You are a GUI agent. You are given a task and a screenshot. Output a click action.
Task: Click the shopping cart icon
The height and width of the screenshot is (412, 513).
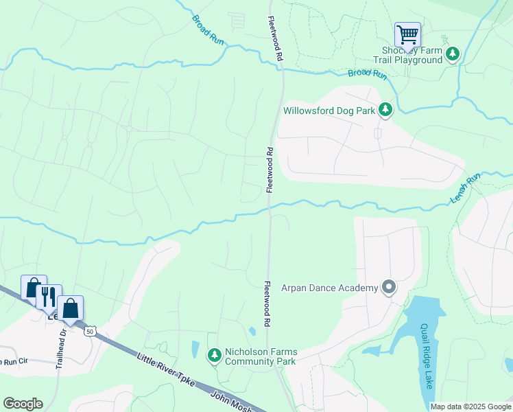coord(407,34)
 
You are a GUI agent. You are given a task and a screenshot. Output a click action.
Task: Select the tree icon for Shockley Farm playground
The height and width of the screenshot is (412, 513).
coord(452,54)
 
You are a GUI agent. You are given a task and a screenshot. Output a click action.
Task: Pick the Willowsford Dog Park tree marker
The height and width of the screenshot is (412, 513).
coord(385,109)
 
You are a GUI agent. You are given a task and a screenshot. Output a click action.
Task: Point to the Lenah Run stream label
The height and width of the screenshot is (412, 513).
coord(465,187)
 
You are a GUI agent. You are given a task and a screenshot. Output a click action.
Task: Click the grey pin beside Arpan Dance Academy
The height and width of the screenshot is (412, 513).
coord(389,287)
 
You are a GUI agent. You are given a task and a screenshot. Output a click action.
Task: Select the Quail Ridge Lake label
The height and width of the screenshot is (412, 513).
coord(426,355)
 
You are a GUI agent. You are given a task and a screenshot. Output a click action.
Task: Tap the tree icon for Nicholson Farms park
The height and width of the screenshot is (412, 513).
coord(215,354)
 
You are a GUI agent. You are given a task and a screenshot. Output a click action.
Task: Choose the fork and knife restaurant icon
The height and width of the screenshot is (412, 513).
coord(48,296)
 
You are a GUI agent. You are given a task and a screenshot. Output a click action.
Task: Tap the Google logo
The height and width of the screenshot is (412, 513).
coord(23,403)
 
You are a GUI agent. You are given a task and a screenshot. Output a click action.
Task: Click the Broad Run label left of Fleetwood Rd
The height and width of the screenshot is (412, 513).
coord(208,31)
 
